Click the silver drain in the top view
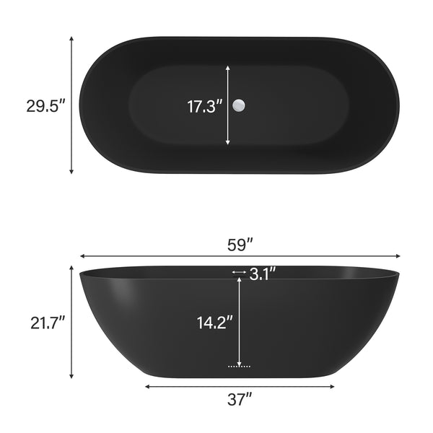pyautogui.click(x=240, y=106)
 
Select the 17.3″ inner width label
pyautogui.click(x=204, y=107)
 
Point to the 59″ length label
pyautogui.click(x=240, y=244)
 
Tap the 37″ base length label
pyautogui.click(x=240, y=398)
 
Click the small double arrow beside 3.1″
pyautogui.click(x=239, y=272)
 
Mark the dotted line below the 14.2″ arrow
pyautogui.click(x=239, y=367)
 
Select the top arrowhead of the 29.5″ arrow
pyautogui.click(x=71, y=39)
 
